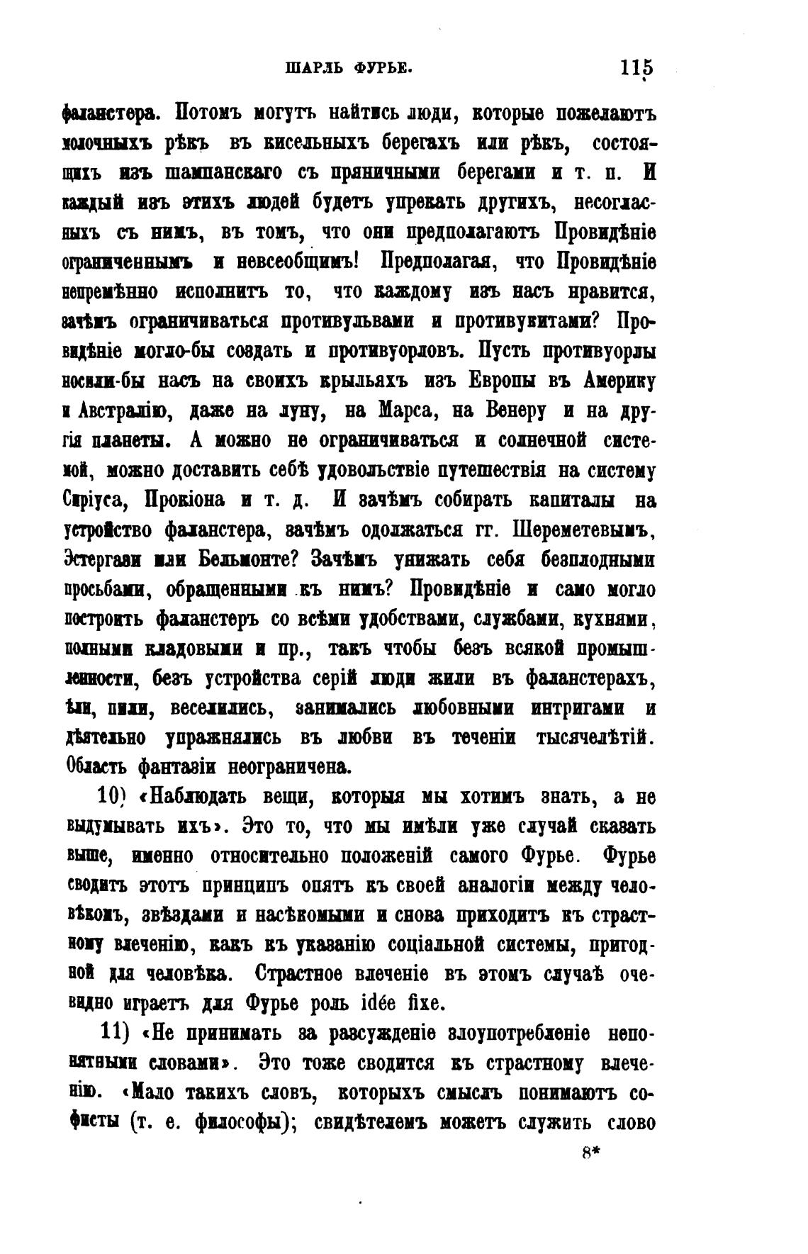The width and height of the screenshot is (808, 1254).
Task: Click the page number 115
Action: (x=636, y=69)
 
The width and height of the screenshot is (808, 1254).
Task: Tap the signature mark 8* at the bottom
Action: (x=590, y=1153)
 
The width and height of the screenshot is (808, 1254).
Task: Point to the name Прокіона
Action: (x=186, y=500)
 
